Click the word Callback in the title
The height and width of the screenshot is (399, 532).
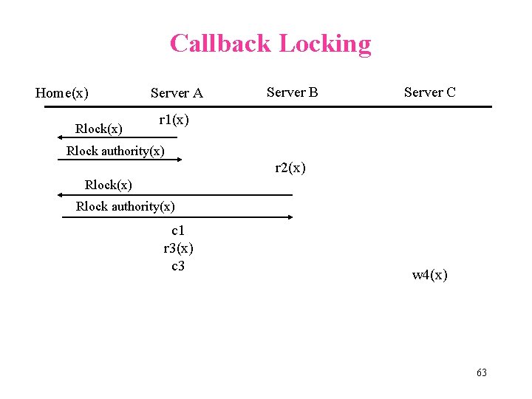tap(218, 44)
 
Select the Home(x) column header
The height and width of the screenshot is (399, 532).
tap(62, 93)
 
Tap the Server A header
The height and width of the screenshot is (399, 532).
tap(177, 93)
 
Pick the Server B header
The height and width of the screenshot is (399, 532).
tap(292, 92)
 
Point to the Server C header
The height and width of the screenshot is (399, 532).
tap(429, 92)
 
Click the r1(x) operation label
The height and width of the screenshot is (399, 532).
tap(174, 120)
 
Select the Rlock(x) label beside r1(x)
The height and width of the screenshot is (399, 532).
tap(99, 129)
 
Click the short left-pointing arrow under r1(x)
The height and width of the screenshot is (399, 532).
tap(117, 137)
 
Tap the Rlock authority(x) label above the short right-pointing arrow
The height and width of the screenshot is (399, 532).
tap(115, 151)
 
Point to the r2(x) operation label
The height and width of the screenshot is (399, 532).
tap(290, 168)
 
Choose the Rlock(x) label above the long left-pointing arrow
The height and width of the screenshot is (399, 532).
tap(109, 184)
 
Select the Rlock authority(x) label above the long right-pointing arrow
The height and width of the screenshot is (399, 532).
tap(126, 206)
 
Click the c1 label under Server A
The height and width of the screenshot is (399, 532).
tap(178, 232)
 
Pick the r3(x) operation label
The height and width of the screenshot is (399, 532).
tap(178, 248)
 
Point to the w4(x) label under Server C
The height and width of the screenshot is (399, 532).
tap(429, 276)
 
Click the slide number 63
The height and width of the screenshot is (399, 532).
tap(481, 372)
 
